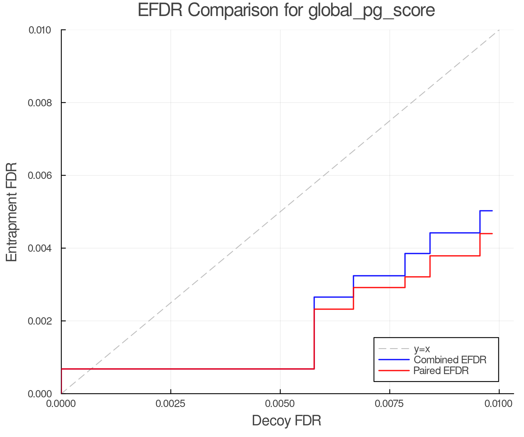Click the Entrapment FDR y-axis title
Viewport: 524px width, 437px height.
click(12, 212)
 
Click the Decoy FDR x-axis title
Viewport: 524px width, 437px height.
click(286, 421)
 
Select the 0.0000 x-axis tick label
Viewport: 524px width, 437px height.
click(61, 404)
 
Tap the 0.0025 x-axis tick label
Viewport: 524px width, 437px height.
click(171, 404)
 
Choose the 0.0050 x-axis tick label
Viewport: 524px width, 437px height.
click(280, 404)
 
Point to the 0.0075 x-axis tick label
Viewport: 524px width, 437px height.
click(390, 404)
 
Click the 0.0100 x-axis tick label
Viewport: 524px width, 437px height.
click(499, 404)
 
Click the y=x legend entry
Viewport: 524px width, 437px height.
click(422, 349)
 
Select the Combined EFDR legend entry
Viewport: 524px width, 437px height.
click(450, 360)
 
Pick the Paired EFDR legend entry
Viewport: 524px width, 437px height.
click(441, 371)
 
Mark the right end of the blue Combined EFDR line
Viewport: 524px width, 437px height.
click(492, 211)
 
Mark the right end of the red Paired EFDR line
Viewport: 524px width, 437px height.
click(492, 234)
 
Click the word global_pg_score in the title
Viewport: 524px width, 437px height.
click(371, 10)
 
